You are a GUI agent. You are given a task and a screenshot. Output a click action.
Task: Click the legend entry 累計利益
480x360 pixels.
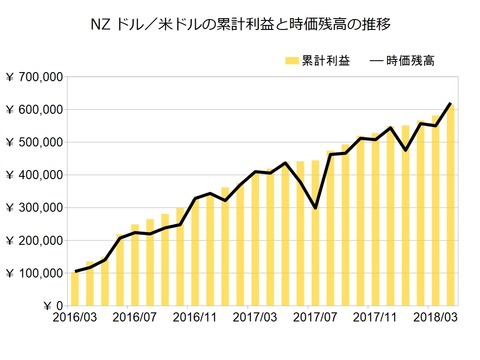(x=326, y=60)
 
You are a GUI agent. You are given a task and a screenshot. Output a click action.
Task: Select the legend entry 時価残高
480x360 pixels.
(x=406, y=60)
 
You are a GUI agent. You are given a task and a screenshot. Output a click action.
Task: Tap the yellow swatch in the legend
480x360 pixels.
(x=291, y=61)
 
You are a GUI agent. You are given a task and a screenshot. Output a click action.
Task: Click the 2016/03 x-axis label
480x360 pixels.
(x=76, y=319)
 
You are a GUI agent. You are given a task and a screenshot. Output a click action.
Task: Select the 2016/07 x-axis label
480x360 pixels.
(x=136, y=319)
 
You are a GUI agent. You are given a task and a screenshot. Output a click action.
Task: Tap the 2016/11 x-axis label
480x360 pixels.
(x=196, y=319)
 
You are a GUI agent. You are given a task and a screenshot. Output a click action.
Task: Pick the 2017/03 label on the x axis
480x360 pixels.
(x=256, y=319)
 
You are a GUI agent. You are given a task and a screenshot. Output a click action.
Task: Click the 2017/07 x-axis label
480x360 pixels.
(x=316, y=319)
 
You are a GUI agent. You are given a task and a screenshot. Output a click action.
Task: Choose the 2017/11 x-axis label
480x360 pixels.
(x=376, y=319)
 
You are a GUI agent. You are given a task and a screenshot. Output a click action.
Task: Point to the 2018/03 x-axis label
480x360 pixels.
(x=436, y=319)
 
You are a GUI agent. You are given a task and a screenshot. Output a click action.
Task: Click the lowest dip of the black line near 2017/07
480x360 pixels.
(x=316, y=208)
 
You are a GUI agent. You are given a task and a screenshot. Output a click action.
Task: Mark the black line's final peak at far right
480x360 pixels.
(x=450, y=103)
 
